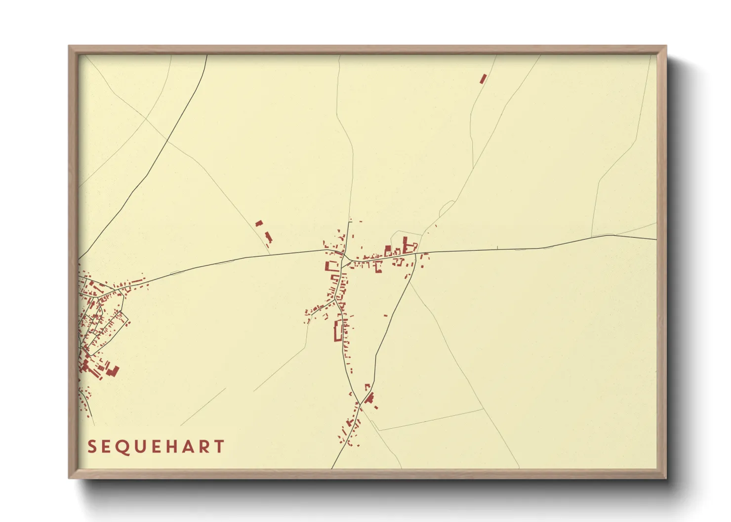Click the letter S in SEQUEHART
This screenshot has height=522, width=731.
[x=91, y=447]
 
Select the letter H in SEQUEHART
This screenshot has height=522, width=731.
[x=171, y=447]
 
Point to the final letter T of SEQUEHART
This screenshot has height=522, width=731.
[x=219, y=447]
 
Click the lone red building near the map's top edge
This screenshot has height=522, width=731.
[x=483, y=78]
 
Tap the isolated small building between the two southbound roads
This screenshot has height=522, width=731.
[x=386, y=315]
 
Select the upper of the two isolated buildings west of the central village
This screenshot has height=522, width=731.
[x=259, y=224]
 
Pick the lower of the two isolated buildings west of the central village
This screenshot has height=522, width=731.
[x=269, y=237]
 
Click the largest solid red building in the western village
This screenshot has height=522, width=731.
[x=114, y=371]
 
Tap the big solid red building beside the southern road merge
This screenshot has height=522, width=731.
[x=369, y=398]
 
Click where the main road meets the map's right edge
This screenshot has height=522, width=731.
[x=656, y=240]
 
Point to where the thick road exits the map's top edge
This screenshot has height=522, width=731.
[x=206, y=55]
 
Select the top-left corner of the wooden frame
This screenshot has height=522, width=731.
[x=69, y=46]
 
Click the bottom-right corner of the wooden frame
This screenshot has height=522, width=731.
[x=666, y=478]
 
